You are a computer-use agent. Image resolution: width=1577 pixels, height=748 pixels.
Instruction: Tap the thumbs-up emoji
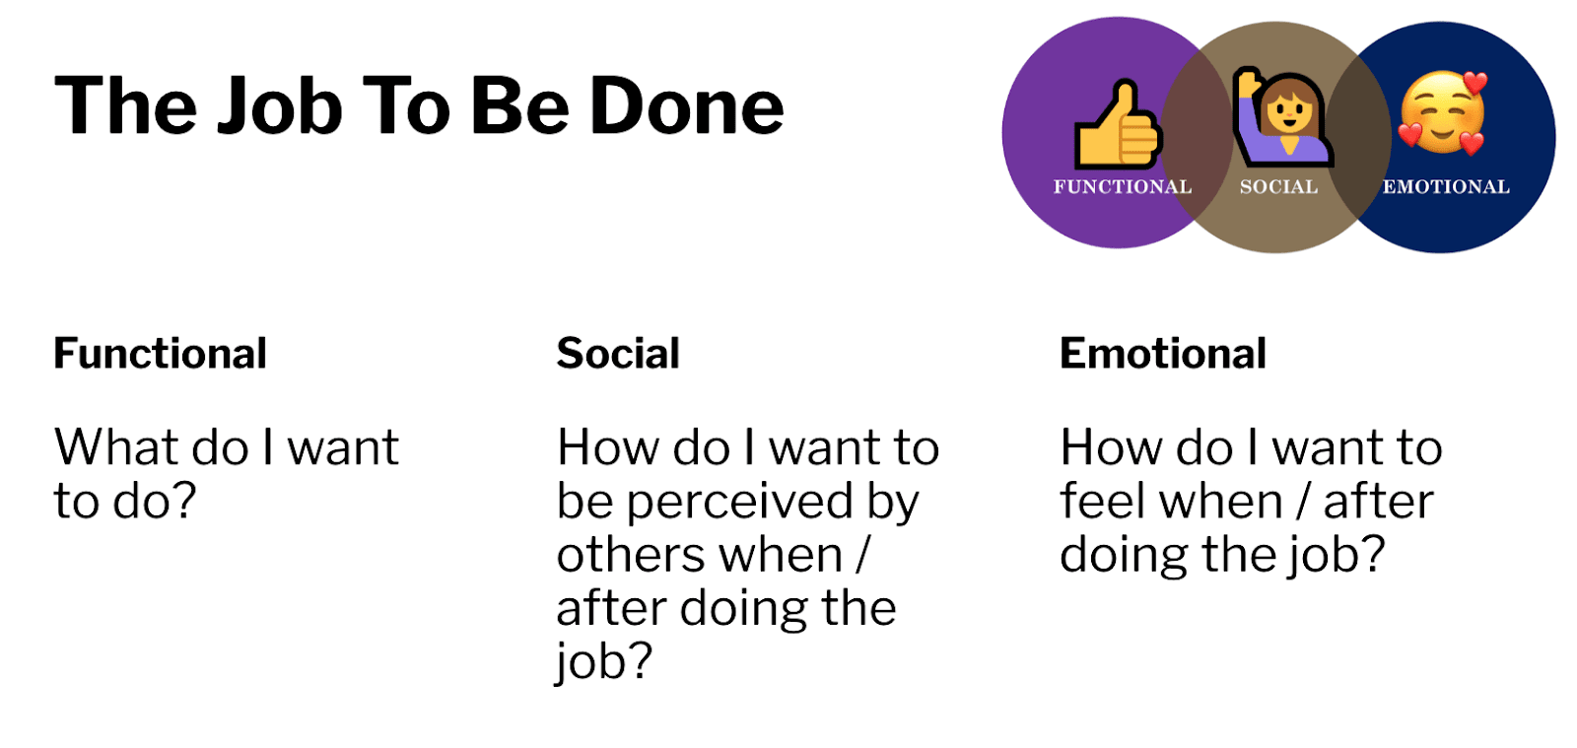(1118, 124)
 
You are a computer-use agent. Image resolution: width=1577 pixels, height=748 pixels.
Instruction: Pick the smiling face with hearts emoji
(1443, 112)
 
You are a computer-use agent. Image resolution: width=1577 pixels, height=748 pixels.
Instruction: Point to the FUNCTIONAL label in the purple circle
(1123, 186)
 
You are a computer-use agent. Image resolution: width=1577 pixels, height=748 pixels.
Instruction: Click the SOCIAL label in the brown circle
(1278, 186)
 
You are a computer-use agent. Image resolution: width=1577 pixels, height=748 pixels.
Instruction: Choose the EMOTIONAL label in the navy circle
(1446, 186)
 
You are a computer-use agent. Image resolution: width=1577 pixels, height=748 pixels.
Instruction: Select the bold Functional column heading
(161, 353)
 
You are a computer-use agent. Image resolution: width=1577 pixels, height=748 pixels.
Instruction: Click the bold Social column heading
(618, 353)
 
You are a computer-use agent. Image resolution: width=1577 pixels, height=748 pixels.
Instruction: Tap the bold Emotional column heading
(1163, 353)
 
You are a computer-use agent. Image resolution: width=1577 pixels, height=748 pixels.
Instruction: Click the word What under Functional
(117, 447)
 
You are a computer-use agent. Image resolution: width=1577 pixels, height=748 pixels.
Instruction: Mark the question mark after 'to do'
(181, 501)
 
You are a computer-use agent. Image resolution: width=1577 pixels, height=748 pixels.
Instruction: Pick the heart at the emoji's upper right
(1474, 83)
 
